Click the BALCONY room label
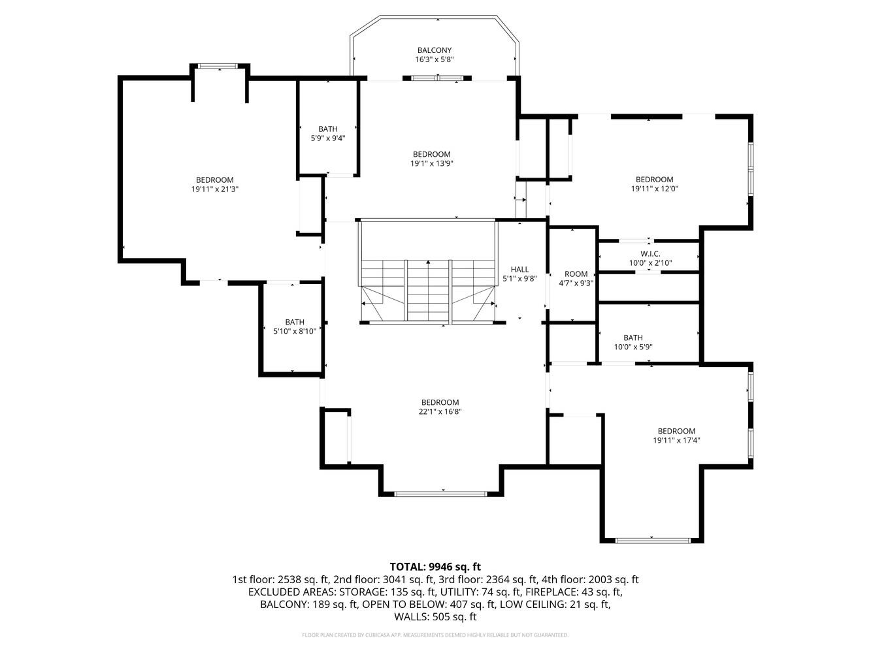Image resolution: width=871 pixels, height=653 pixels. point(434,50)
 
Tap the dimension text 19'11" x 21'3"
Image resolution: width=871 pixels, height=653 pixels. point(215,189)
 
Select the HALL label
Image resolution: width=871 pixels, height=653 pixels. point(519,269)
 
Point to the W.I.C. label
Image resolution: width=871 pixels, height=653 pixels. point(650,253)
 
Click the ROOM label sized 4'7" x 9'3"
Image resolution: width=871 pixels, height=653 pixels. point(576,274)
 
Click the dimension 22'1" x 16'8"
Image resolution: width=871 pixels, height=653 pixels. point(440,411)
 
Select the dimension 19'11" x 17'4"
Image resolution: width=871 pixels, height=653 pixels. point(676,440)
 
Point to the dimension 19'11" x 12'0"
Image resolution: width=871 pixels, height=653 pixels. point(655,189)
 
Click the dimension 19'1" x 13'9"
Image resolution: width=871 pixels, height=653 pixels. point(432,163)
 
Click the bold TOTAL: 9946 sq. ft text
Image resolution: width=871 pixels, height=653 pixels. point(435,567)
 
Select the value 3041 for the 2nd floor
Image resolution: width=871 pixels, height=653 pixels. point(397,580)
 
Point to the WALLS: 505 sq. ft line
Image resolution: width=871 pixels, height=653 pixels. point(435,617)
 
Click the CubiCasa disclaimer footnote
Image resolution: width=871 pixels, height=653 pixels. point(435,635)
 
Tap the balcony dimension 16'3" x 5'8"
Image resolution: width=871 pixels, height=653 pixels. point(434,59)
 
